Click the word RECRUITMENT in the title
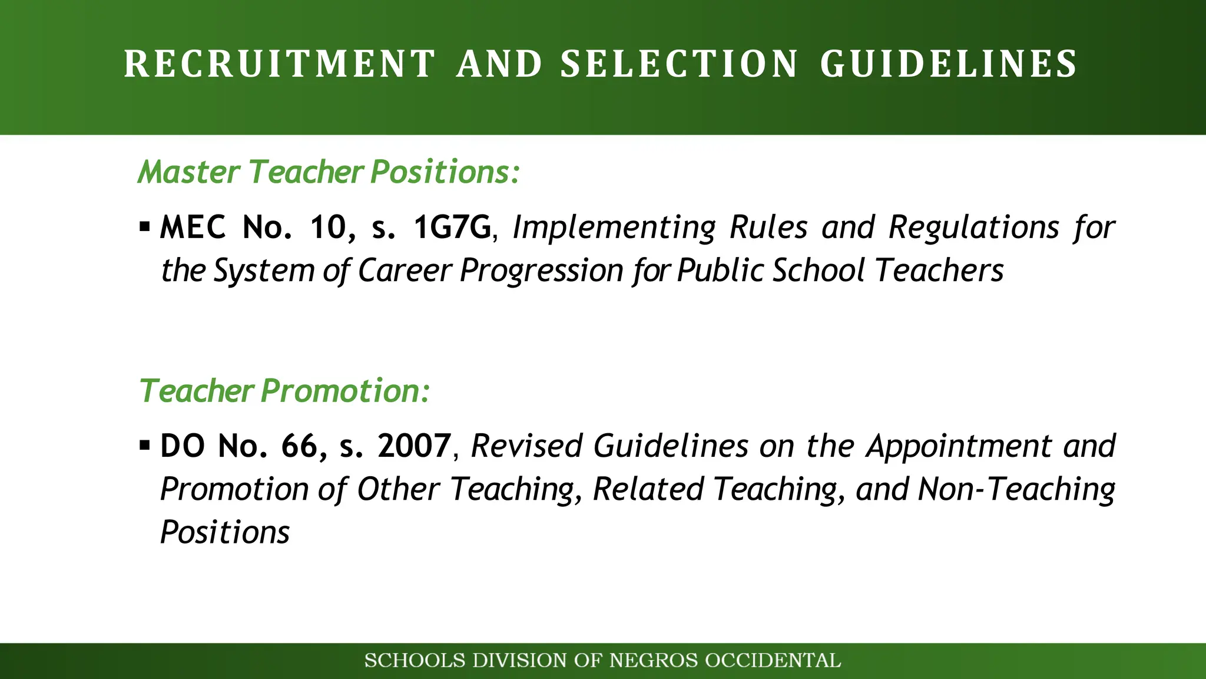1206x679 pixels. [x=280, y=64]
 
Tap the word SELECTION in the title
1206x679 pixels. [x=679, y=64]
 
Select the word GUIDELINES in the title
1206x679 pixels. [x=949, y=64]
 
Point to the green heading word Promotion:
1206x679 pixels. [x=346, y=391]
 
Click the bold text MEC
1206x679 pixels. [x=193, y=228]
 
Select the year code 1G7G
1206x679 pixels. [x=452, y=228]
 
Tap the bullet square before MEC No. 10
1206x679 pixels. [x=145, y=226]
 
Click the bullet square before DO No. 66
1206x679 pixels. [x=145, y=445]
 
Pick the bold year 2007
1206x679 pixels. [x=415, y=446]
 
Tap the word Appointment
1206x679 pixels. [x=959, y=446]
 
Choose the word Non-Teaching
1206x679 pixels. [x=1016, y=490]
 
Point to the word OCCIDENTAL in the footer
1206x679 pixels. [x=773, y=661]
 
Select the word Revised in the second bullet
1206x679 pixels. [x=526, y=446]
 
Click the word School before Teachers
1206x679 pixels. [x=818, y=271]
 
